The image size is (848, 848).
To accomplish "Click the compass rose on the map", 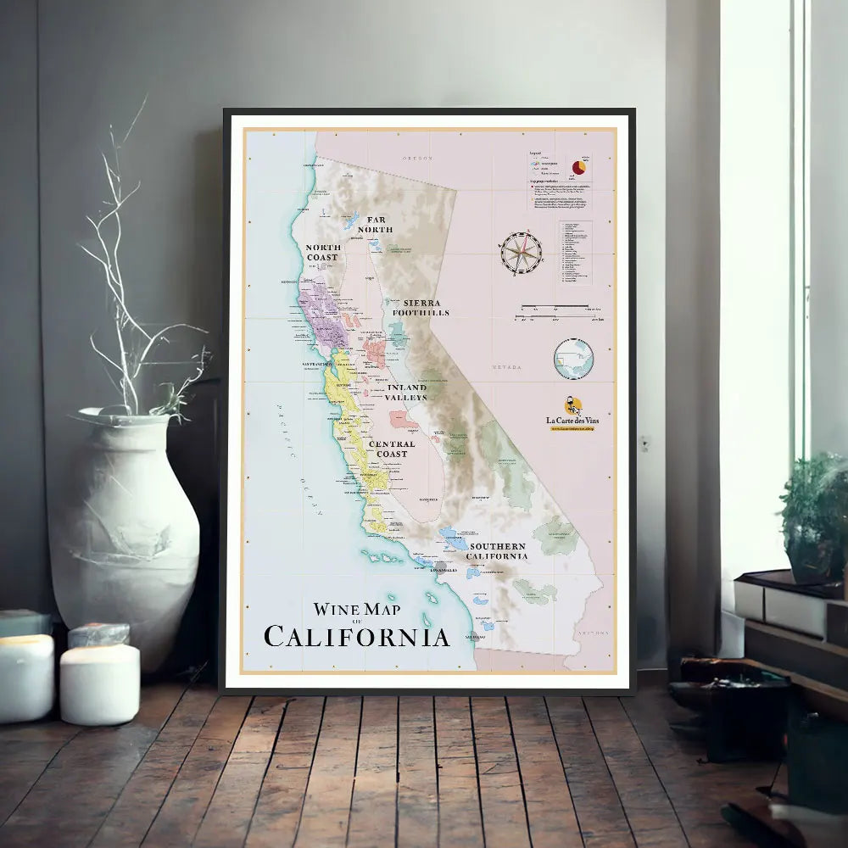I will click(x=520, y=253).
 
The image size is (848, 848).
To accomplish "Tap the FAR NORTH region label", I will click(x=375, y=225).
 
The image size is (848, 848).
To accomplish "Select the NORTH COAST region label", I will click(x=323, y=252).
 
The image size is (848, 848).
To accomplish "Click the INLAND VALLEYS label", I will click(x=406, y=392).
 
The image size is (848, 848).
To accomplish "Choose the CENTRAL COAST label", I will click(x=392, y=449).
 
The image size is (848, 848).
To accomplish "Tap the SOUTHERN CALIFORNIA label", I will click(x=498, y=551).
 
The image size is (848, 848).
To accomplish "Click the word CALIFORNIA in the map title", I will click(x=356, y=636).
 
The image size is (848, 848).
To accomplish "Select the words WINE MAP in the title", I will click(x=356, y=608).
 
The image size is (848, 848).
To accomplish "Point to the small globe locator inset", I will click(x=573, y=358).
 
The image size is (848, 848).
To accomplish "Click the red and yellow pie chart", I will click(x=581, y=167).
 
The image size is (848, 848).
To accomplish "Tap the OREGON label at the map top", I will click(x=417, y=158).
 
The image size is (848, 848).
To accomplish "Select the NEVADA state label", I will click(x=506, y=367).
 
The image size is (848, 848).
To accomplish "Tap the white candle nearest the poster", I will click(x=99, y=683).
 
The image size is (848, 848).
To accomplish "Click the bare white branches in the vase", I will click(x=136, y=271).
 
